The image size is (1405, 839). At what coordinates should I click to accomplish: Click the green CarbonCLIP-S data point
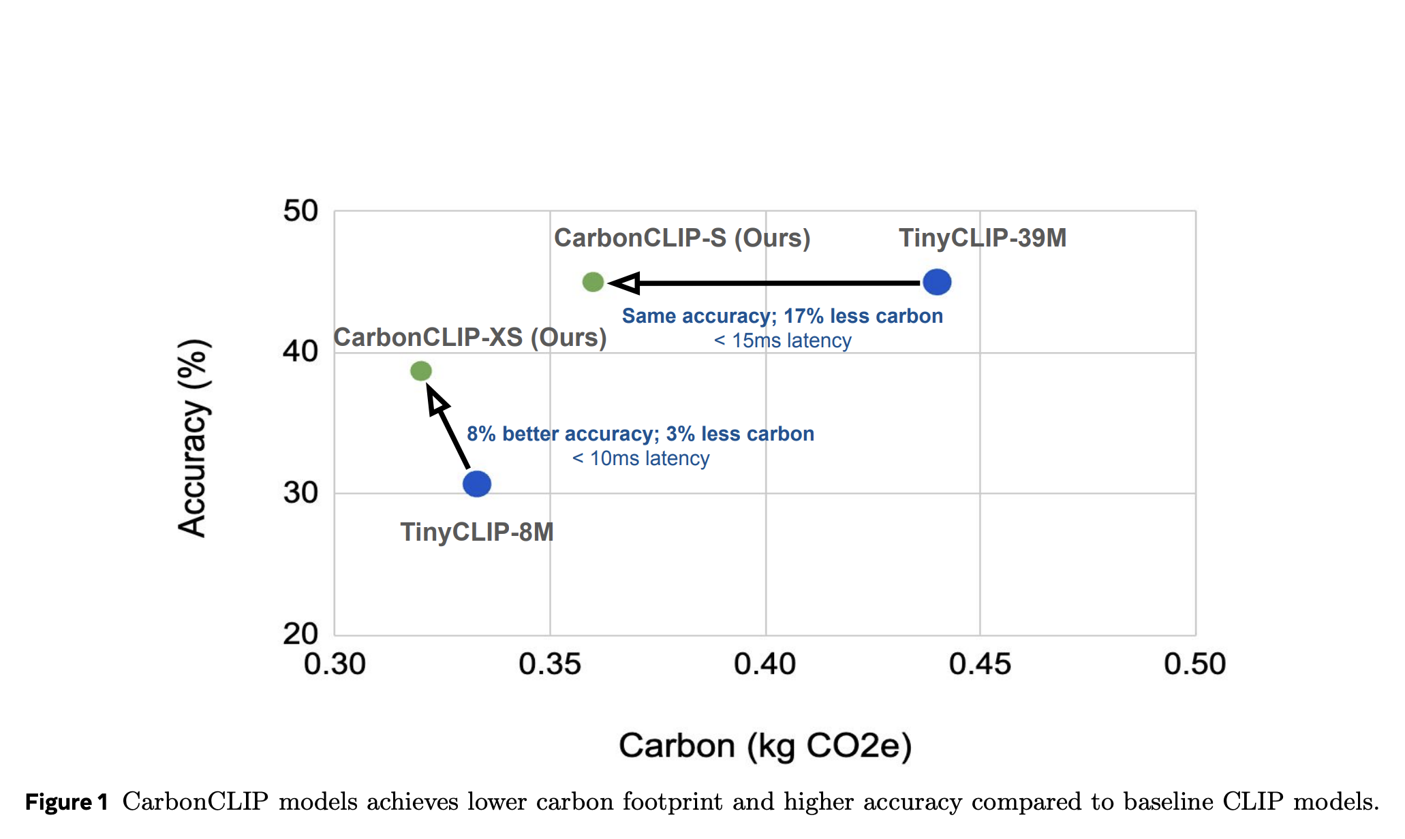pos(593,282)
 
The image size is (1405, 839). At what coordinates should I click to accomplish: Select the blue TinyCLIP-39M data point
pos(937,282)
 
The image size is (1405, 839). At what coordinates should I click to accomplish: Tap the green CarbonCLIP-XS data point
pos(421,371)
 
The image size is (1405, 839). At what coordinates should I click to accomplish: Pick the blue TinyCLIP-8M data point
pos(477,484)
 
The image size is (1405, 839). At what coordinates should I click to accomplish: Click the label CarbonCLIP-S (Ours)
pos(682,238)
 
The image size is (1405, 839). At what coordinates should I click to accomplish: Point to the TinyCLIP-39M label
pos(982,238)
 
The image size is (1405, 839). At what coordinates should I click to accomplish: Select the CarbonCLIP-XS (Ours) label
pos(469,338)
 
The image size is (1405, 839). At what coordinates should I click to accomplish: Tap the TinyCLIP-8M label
pos(477,532)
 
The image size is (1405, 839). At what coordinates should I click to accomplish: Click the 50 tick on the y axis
pos(300,211)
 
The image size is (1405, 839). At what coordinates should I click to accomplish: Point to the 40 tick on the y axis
pos(300,352)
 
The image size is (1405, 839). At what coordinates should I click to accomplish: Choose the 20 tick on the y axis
pos(300,634)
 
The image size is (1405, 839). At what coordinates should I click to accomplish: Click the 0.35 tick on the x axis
pos(550,664)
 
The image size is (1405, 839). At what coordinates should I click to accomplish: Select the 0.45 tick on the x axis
pos(980,664)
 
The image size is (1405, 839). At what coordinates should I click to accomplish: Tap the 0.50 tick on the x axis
pos(1194,664)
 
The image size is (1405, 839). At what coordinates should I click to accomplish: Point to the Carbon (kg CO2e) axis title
pos(765,746)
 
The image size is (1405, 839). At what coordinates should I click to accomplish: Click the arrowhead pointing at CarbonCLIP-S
pos(624,283)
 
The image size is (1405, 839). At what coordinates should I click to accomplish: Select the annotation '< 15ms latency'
pos(782,341)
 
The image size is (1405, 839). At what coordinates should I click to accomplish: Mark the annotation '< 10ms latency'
pos(640,458)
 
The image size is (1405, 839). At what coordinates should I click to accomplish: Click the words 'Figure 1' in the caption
pos(67,802)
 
